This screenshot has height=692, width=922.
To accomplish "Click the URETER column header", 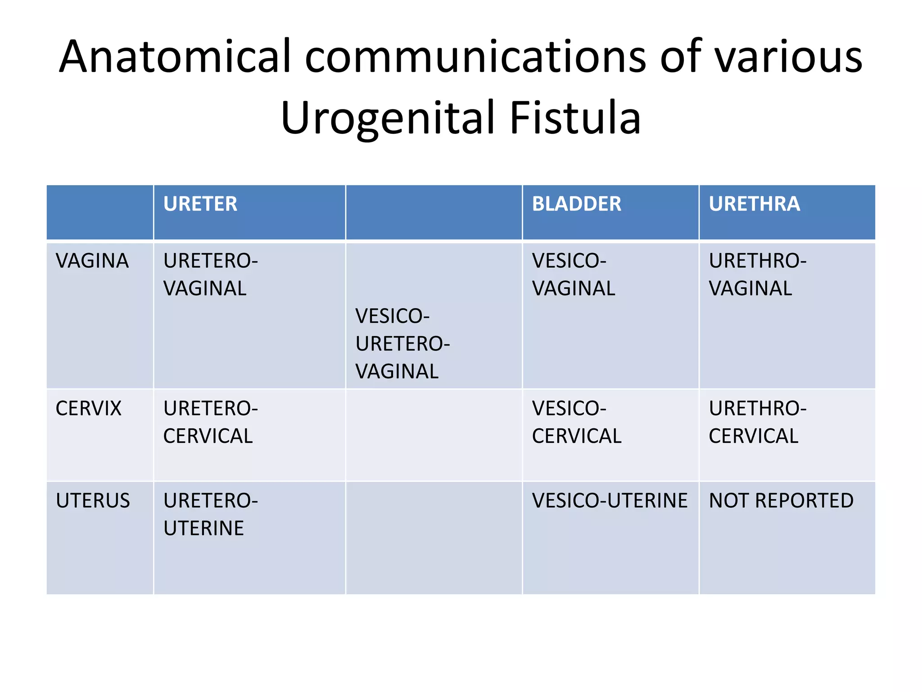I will click(x=200, y=204).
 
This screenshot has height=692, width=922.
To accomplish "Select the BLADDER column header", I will click(x=576, y=204).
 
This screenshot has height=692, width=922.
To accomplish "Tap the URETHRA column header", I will click(x=754, y=204).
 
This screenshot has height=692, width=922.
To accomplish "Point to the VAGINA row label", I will click(x=92, y=261).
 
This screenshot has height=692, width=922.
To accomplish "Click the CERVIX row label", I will click(x=89, y=409).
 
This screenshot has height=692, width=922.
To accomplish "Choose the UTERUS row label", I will click(x=93, y=501).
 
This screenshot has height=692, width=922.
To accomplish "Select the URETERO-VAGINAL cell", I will click(x=210, y=275).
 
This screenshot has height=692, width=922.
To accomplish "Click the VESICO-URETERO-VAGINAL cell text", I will click(x=402, y=344).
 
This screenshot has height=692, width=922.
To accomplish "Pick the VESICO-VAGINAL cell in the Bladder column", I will click(x=573, y=275).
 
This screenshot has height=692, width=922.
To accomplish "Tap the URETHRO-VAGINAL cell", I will click(x=757, y=275).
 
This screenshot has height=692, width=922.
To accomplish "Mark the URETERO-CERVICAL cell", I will click(x=210, y=422).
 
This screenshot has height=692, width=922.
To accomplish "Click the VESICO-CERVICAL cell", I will click(x=576, y=422).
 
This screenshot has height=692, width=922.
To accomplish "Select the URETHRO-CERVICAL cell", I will click(x=757, y=422).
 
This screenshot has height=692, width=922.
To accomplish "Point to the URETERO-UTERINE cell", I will click(x=210, y=514).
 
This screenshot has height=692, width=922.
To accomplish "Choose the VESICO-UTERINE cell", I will click(x=610, y=501).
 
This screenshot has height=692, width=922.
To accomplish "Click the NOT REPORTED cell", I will click(x=781, y=501).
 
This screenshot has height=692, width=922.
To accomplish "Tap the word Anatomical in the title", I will click(x=176, y=57).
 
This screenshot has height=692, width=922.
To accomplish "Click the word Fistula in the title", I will click(x=575, y=118).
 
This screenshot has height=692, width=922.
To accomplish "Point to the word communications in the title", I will click(x=475, y=57).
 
